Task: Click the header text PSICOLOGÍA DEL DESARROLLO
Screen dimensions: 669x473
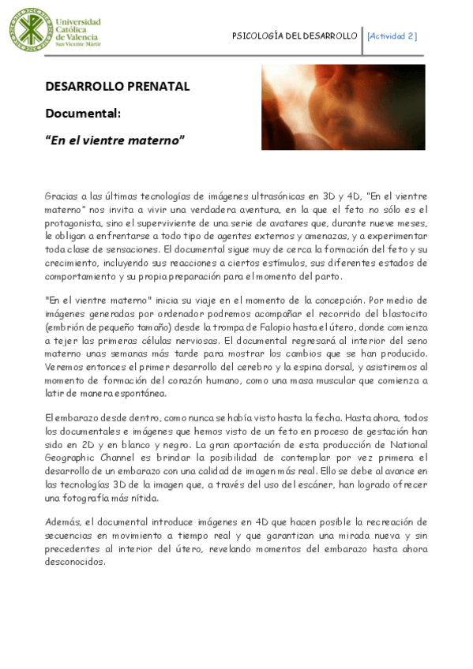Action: coord(295,36)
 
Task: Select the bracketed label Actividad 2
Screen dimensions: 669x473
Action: coord(392,36)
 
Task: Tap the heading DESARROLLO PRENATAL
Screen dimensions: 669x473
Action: coord(117,87)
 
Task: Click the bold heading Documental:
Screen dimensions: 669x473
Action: coord(82,113)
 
